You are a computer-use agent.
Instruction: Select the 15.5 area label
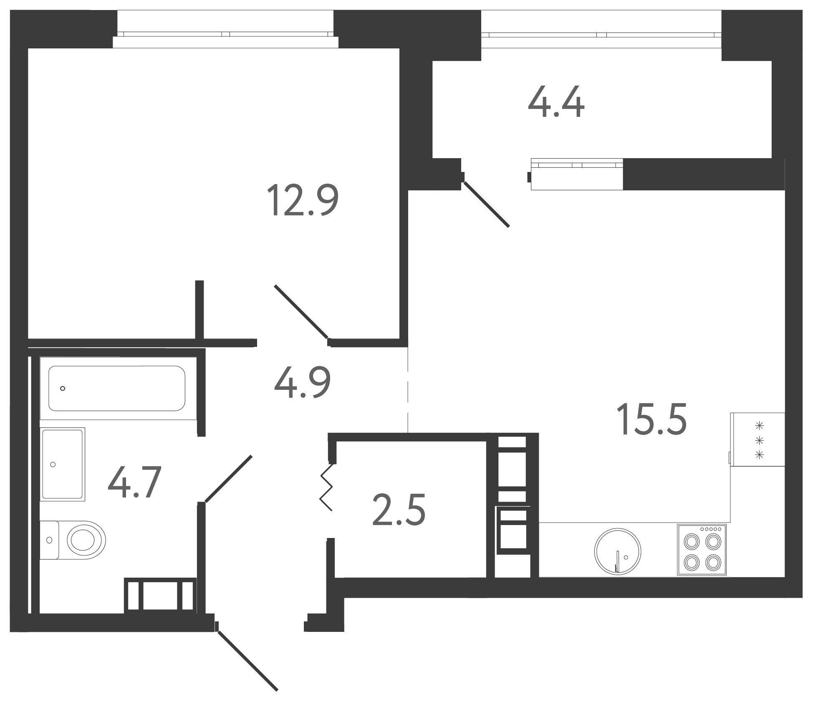click(x=651, y=419)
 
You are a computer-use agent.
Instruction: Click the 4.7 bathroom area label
click(x=135, y=483)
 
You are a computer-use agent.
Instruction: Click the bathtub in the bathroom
click(x=117, y=388)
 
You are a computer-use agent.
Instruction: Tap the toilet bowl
click(x=73, y=540)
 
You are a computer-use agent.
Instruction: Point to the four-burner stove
click(x=702, y=550)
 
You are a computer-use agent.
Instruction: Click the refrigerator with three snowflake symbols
click(x=757, y=439)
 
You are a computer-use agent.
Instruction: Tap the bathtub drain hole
click(x=63, y=389)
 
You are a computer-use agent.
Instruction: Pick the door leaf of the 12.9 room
click(x=301, y=311)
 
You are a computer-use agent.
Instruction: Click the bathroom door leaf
click(x=229, y=479)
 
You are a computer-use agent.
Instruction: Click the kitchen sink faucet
click(x=617, y=561)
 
